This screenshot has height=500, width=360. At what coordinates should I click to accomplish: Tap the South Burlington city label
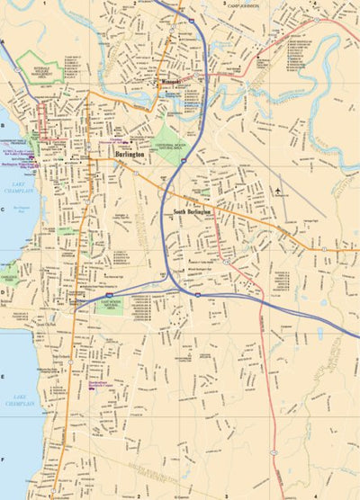(x=192, y=212)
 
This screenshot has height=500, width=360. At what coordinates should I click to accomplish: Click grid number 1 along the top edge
(x=44, y=3)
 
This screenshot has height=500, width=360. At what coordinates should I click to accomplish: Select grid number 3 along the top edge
(x=224, y=3)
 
